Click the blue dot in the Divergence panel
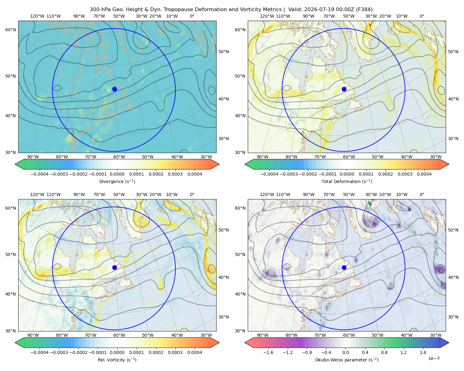coord(114,89)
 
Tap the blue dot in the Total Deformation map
coord(344,89)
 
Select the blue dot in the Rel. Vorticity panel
coord(114,267)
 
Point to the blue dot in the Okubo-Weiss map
coord(344,267)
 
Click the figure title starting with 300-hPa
coord(231,9)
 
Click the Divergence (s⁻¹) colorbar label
coord(117,181)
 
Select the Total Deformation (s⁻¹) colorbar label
coord(347,181)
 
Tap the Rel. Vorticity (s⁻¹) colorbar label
coord(117,360)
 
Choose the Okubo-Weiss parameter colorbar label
coord(347,360)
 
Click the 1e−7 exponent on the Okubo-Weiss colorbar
coord(434,358)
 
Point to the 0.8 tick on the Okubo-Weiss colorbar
coord(384,352)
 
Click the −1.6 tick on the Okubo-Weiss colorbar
coord(268,352)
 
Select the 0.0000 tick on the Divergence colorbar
coord(117,174)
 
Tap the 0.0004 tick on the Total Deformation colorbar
coord(424,174)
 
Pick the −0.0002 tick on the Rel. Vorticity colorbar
coord(79,352)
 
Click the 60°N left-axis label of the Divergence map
coord(11,30)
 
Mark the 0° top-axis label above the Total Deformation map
coord(422,16)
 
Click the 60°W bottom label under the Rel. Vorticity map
coord(119,335)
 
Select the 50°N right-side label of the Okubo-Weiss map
coord(453,230)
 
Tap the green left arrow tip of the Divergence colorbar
coord(15,164)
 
